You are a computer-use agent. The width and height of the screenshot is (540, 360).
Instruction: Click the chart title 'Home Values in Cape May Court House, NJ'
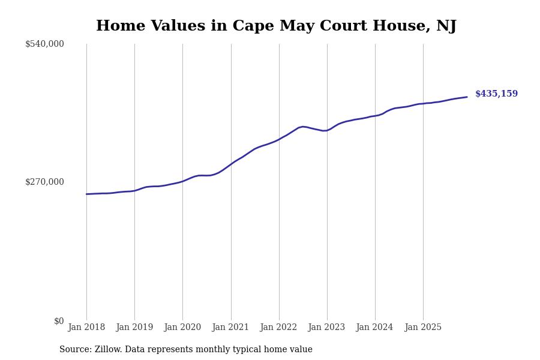(276, 26)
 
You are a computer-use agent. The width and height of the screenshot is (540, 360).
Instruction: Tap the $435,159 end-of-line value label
(496, 94)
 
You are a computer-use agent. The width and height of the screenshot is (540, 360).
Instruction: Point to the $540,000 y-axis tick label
(44, 44)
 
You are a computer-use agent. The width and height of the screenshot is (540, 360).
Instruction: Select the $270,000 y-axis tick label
(44, 182)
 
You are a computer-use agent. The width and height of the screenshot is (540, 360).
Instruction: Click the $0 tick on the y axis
(59, 321)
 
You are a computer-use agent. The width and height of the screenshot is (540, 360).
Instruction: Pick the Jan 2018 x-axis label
(86, 328)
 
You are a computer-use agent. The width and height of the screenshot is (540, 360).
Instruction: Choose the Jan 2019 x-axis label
(134, 328)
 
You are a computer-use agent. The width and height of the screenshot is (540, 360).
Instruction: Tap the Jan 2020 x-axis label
(182, 328)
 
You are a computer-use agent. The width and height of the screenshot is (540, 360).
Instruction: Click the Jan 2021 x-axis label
(231, 328)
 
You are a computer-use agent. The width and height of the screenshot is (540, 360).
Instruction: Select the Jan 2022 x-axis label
(279, 328)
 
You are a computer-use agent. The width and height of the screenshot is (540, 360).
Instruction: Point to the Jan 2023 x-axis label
(327, 328)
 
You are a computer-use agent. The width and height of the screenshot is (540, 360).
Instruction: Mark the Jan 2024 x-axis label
(375, 328)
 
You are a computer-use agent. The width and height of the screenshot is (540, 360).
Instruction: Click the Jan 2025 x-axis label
(423, 328)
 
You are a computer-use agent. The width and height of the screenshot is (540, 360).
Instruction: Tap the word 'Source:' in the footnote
(76, 350)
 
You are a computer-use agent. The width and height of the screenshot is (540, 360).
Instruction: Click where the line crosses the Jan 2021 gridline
(231, 164)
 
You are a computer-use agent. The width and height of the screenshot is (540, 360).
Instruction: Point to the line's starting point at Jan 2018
(86, 194)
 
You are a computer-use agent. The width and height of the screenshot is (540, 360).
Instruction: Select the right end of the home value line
(467, 97)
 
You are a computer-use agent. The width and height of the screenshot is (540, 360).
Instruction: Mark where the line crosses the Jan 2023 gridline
(327, 130)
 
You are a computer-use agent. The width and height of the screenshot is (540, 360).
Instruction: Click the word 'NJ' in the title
(446, 26)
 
